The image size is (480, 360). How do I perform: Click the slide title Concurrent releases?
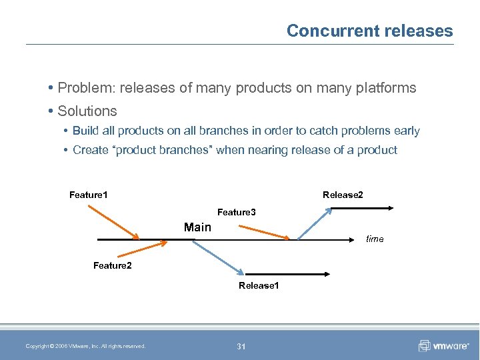point(369,31)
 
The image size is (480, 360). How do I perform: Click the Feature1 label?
point(89,195)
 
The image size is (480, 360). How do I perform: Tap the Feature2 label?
point(113,266)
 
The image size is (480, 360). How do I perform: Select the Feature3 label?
point(237,212)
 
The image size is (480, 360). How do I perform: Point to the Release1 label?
point(259,285)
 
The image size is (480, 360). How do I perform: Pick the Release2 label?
point(343,195)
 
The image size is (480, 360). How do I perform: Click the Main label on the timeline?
point(197,227)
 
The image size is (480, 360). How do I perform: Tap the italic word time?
point(375,239)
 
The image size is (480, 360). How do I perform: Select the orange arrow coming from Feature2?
point(143,249)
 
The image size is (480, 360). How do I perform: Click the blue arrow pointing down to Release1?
point(218,257)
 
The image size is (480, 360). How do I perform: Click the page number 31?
point(241,345)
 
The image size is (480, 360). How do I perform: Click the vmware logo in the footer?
point(442,345)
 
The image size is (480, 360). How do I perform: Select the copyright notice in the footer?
point(85,345)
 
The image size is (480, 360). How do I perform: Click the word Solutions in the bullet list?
point(87,111)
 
